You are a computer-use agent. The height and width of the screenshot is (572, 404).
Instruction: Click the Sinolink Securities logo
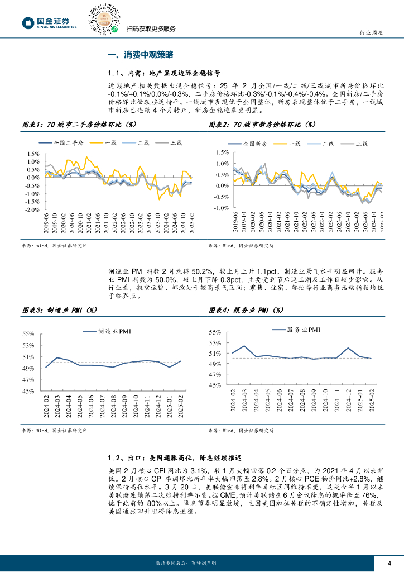click(x=49, y=23)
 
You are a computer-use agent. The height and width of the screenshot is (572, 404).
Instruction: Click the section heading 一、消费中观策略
click(x=141, y=55)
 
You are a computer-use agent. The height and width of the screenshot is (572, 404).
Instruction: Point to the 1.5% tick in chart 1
click(x=33, y=154)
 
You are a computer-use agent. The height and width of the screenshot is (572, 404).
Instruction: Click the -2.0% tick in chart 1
click(x=32, y=209)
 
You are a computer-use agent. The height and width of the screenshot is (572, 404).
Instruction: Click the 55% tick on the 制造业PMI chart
click(x=28, y=334)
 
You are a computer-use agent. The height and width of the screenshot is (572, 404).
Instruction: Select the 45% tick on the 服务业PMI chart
click(x=215, y=385)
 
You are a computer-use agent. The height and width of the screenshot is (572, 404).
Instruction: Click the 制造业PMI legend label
click(x=115, y=331)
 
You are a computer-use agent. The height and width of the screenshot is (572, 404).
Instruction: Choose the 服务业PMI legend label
click(x=302, y=330)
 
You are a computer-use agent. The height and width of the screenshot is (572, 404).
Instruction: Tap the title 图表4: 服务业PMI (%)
click(x=246, y=309)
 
